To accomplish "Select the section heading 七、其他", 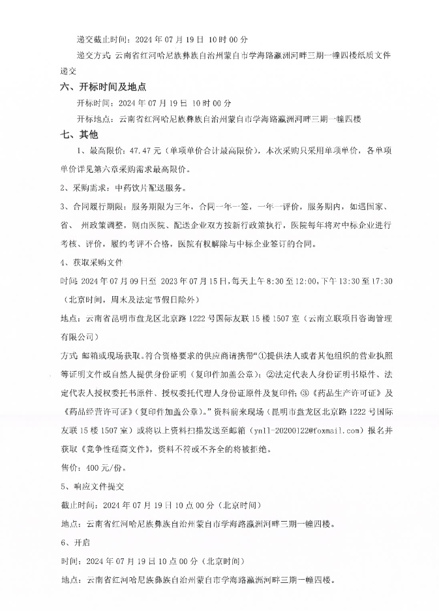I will tap(78, 135).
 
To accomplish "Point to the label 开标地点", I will tap(94, 120).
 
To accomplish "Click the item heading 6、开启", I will tap(72, 543).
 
